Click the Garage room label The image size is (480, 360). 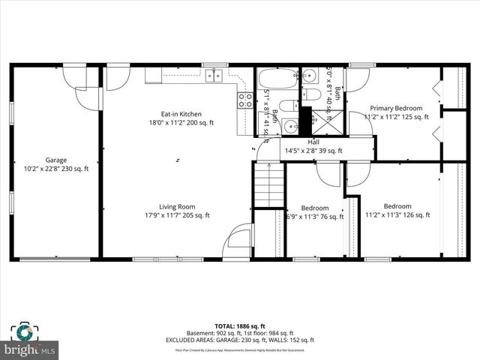point(55,160)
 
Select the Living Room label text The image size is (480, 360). point(176,207)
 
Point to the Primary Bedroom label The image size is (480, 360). point(396,108)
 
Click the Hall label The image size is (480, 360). point(315,142)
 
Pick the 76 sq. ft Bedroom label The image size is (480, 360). point(315,208)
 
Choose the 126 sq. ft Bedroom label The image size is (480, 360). point(397,206)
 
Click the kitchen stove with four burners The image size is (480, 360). point(245,100)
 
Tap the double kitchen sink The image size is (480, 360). point(215,73)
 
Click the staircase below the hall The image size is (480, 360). point(269,186)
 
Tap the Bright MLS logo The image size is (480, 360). point(31,349)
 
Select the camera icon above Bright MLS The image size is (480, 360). point(23,331)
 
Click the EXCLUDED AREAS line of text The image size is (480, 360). point(239,340)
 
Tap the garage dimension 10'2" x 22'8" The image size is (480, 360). point(55,169)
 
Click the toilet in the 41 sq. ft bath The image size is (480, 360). point(289,105)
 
